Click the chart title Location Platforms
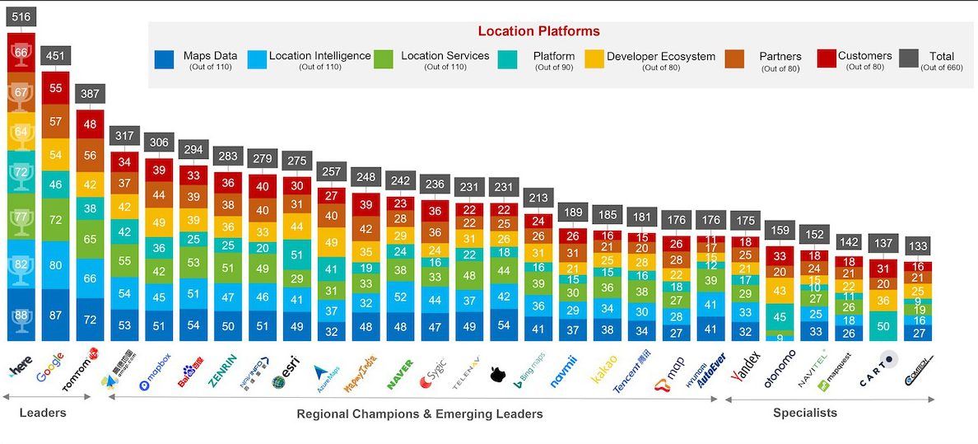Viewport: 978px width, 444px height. pyautogui.click(x=538, y=31)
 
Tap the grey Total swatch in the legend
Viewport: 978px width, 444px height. pyautogui.click(x=908, y=58)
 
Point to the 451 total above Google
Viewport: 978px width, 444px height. pyautogui.click(x=55, y=56)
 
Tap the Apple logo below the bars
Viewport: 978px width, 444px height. pyautogui.click(x=496, y=376)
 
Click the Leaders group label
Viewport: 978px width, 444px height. pyautogui.click(x=42, y=412)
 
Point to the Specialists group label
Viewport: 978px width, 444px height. pyautogui.click(x=804, y=413)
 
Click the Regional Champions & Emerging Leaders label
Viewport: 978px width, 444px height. pyautogui.click(x=419, y=414)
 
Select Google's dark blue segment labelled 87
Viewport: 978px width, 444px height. pyautogui.click(x=55, y=315)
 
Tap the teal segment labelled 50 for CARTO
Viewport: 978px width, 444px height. pyautogui.click(x=883, y=326)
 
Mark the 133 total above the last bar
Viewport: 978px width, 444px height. pyautogui.click(x=918, y=246)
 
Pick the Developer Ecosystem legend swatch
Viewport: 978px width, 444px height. pyautogui.click(x=594, y=58)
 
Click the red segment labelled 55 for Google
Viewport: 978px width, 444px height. pyautogui.click(x=55, y=87)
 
